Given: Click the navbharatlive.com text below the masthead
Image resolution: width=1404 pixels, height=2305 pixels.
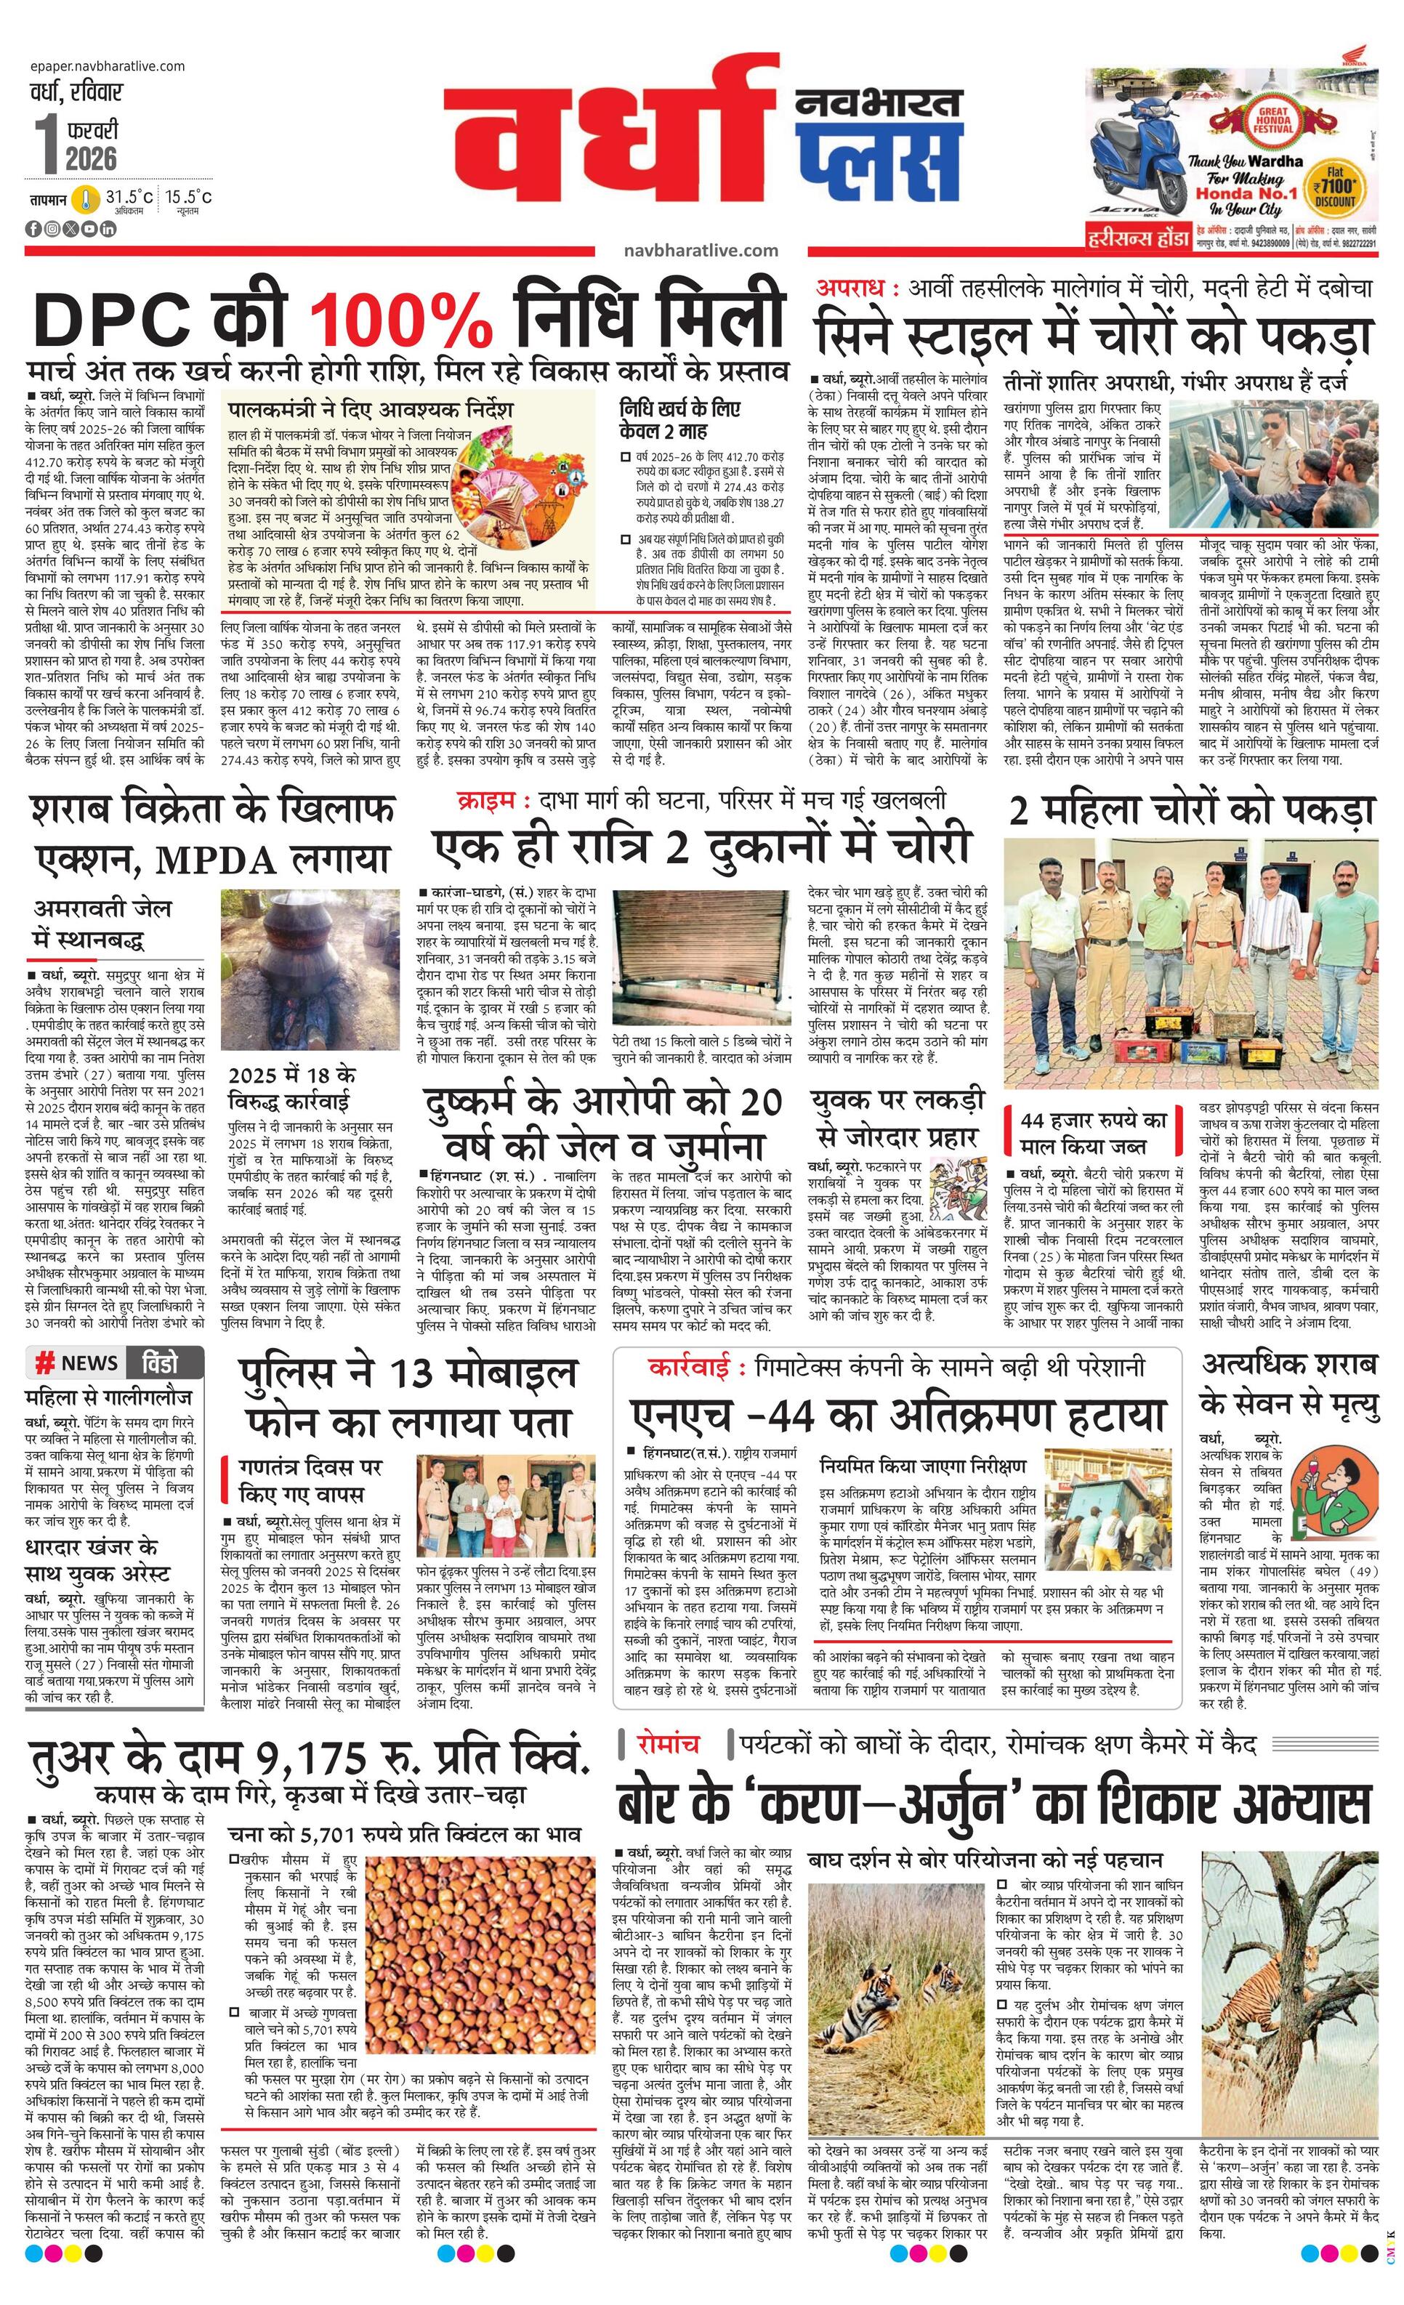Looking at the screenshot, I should click(x=701, y=250).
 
